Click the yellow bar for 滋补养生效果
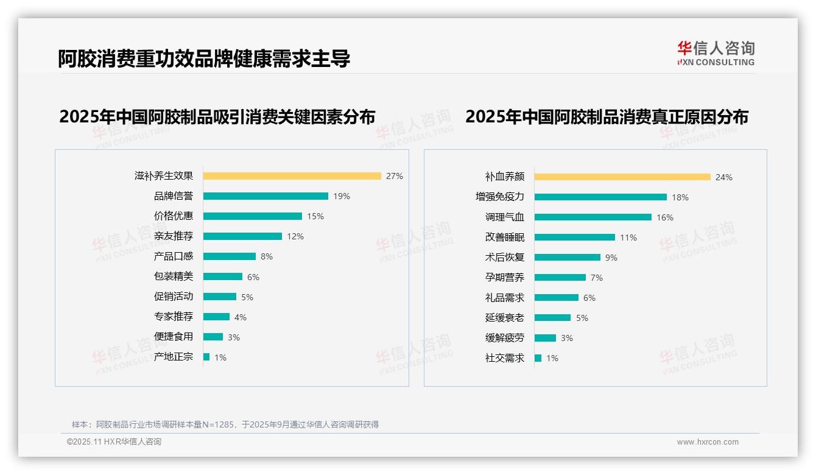tap(292, 176)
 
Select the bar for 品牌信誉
tap(266, 196)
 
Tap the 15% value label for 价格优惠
tap(315, 216)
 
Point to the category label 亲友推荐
tap(173, 236)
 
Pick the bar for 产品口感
tap(229, 256)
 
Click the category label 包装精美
tap(173, 276)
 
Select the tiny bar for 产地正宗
tap(206, 357)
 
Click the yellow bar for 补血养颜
tap(622, 177)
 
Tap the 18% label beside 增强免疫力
tap(680, 197)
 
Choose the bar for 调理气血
tap(593, 217)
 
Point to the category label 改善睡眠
tap(504, 237)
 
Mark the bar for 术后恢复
tap(568, 258)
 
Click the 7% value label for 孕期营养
tap(596, 278)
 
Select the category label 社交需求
tap(504, 358)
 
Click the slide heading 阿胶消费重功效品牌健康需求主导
tap(204, 58)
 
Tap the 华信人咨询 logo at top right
tap(716, 53)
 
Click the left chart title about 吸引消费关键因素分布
tap(217, 116)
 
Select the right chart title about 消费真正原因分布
tap(607, 116)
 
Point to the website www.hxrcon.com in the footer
tap(707, 442)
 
